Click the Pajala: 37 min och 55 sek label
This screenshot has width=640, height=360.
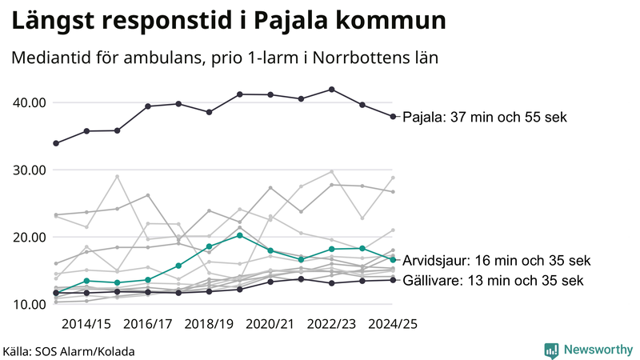pyautogui.click(x=484, y=118)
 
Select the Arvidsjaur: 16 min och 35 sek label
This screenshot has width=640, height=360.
pyautogui.click(x=496, y=261)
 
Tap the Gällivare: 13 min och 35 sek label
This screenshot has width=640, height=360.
pyautogui.click(x=492, y=281)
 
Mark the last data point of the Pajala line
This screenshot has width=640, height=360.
pyautogui.click(x=393, y=117)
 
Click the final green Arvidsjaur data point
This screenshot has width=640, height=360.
pyautogui.click(x=393, y=260)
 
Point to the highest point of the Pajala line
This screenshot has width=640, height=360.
pyautogui.click(x=332, y=90)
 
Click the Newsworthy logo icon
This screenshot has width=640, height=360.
pyautogui.click(x=551, y=350)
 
